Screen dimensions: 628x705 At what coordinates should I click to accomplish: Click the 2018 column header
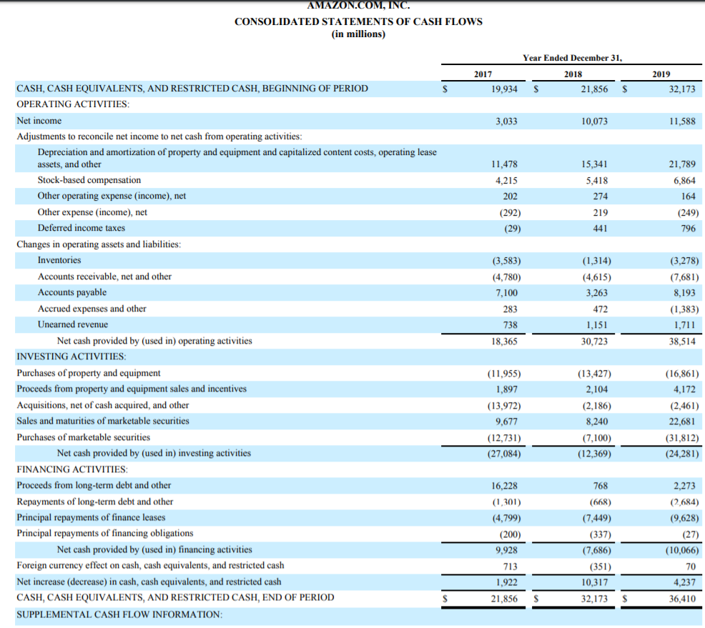coord(573,74)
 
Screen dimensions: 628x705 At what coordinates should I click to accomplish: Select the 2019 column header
coord(661,74)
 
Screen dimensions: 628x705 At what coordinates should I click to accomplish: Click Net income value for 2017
coord(506,121)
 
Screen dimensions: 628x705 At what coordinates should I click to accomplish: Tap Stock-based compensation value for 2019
coord(684,181)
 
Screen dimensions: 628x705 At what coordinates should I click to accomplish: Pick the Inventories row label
coord(59,260)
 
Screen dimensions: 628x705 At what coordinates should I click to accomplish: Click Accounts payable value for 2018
coord(597,293)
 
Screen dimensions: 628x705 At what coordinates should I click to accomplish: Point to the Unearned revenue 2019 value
coord(685,325)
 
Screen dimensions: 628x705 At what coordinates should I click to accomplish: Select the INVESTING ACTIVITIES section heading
coord(72,356)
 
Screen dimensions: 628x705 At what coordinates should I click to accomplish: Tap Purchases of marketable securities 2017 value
coord(503,437)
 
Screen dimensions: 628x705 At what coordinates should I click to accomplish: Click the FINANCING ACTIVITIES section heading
coord(72,469)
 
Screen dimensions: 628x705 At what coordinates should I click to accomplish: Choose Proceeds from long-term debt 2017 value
coord(506,486)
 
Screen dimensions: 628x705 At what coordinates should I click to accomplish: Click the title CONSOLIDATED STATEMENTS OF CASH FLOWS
coord(358,21)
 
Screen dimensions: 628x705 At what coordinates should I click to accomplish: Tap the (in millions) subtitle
coord(358,34)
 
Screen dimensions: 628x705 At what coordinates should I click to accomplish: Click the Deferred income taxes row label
coord(81,228)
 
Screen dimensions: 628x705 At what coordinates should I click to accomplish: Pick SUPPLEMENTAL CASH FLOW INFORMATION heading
coord(119,614)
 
